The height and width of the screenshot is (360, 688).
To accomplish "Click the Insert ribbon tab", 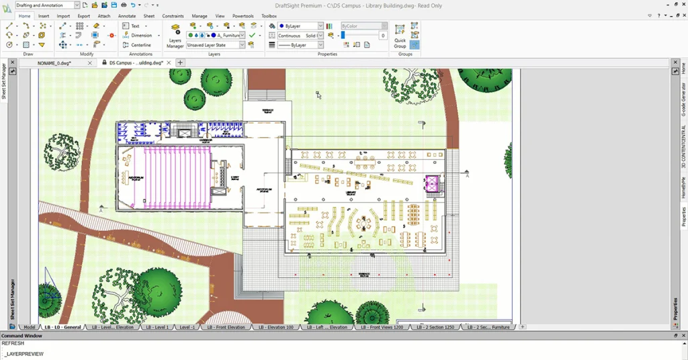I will pos(44,15).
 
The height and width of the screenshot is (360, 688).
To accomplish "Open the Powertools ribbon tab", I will pos(243,15).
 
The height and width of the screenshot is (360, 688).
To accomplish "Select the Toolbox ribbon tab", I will pos(269,15).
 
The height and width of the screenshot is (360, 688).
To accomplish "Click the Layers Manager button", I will pos(175,37).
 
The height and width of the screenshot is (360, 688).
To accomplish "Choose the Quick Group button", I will pos(400,36).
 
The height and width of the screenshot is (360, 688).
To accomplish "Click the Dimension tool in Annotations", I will pos(141,36).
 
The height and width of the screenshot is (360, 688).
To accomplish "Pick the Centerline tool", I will pos(141,45).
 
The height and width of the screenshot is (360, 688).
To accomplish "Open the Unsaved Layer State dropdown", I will pos(216,45).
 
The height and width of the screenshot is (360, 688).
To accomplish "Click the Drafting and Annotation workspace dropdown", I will pos(47,5).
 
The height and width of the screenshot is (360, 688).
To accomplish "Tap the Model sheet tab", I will pos(29,327).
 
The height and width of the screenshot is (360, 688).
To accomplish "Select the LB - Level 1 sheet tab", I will pos(157,327).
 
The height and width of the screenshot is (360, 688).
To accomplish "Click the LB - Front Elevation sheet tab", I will pos(226,327).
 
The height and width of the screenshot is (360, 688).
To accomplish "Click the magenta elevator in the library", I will pos(431,183).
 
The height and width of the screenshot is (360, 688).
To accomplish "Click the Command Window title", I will pos(21,335).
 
